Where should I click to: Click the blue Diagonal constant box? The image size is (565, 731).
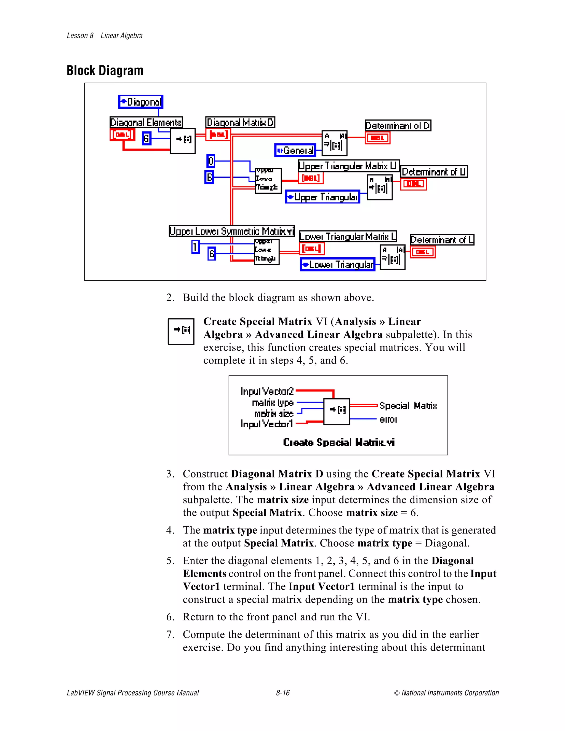[x=141, y=102]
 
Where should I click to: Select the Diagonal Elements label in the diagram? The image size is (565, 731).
[x=146, y=122]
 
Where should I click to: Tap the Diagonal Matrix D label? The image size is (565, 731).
[x=240, y=122]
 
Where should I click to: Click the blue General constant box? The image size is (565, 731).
[x=295, y=150]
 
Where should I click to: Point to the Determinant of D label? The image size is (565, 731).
[x=398, y=126]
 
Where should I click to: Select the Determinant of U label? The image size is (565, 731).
[x=434, y=172]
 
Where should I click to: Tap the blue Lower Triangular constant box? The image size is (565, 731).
[x=338, y=265]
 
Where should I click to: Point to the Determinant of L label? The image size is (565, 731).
[x=442, y=240]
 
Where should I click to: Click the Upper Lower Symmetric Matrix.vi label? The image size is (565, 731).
[x=231, y=231]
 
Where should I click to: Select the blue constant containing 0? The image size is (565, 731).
[x=210, y=161]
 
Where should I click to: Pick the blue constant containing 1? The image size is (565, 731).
[x=195, y=247]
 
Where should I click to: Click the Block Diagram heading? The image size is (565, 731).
[x=105, y=71]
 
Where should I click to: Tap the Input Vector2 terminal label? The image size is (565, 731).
[x=267, y=391]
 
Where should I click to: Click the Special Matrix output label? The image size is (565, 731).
[x=408, y=406]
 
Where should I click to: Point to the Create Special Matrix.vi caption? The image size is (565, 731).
[x=339, y=442]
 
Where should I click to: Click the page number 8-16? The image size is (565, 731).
[x=283, y=693]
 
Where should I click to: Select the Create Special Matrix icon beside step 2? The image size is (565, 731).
[x=181, y=331]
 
